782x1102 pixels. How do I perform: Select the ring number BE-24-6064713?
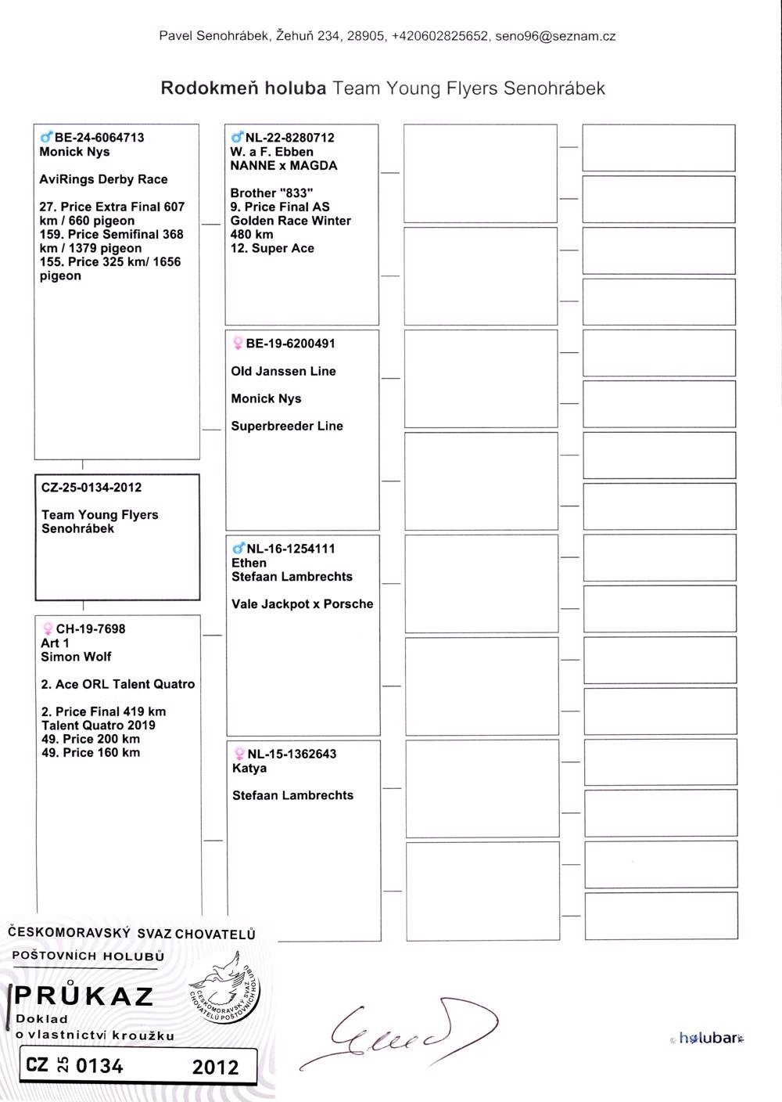point(99,138)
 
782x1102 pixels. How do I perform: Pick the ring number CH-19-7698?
point(90,628)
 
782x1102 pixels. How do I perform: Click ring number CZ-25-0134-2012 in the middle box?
point(91,488)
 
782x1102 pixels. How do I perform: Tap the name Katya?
point(249,768)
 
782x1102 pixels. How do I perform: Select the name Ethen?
point(249,563)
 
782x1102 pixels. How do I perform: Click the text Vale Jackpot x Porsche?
point(302,604)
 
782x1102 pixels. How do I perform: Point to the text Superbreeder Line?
point(287,426)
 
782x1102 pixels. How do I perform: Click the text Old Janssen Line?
point(283,371)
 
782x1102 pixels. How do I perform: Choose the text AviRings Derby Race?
point(103,179)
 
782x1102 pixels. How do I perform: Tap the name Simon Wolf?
point(76,657)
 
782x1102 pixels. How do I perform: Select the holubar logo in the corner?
point(708,1039)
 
